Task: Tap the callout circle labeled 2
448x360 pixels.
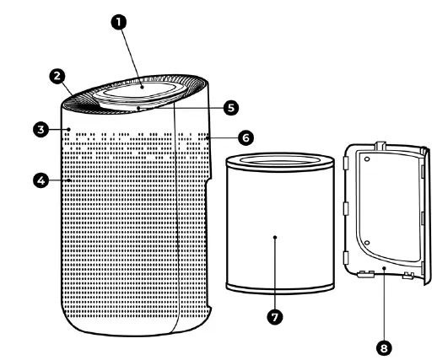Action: (x=57, y=77)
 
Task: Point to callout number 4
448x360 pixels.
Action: (x=40, y=179)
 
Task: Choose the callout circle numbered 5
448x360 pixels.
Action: (x=228, y=108)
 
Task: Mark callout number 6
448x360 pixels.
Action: (x=244, y=136)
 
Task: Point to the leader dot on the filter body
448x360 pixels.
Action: (x=274, y=239)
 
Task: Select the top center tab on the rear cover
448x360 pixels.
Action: (x=379, y=143)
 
